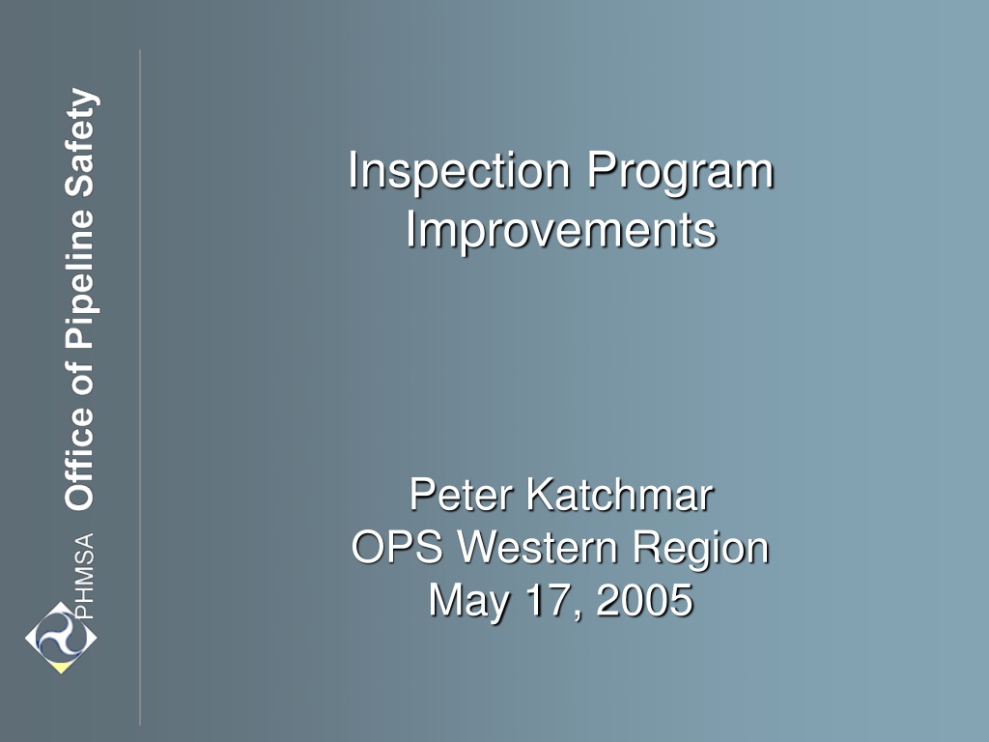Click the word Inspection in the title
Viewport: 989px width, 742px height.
point(459,170)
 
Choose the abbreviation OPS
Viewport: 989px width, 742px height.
point(397,547)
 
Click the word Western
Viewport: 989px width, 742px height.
point(537,547)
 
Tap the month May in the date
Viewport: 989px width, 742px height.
point(469,601)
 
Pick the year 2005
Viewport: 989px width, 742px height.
point(644,599)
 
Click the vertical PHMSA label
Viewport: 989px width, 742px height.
point(84,576)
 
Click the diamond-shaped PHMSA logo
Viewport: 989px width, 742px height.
point(61,638)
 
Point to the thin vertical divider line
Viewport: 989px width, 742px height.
point(140,387)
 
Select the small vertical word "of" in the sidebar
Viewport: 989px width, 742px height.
point(80,379)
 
